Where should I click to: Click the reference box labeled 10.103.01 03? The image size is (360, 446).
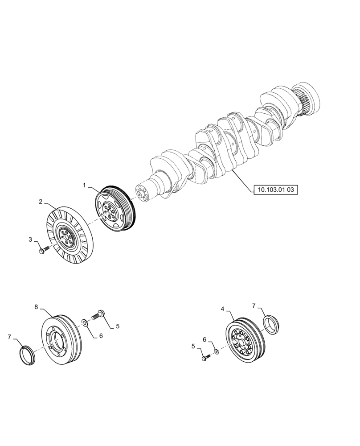[275, 190]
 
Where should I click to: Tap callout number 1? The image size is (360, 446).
[84, 184]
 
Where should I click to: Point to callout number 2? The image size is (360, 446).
[41, 202]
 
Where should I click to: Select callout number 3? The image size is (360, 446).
[31, 240]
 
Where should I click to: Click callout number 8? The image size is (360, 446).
[37, 307]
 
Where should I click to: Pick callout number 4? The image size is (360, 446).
[222, 308]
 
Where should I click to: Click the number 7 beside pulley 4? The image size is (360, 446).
[254, 306]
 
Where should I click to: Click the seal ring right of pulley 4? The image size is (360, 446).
[270, 323]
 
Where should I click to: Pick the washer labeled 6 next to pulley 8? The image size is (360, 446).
[85, 322]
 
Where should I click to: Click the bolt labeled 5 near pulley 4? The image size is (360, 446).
[206, 357]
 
